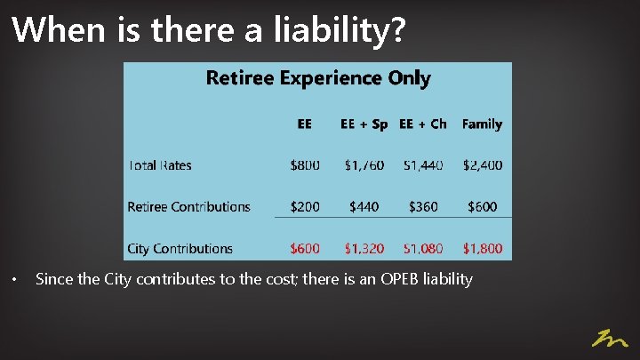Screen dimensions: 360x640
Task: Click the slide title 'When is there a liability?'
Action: tap(210, 30)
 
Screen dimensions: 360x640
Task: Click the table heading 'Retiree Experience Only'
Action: tap(318, 78)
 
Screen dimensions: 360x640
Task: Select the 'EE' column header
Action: tap(304, 124)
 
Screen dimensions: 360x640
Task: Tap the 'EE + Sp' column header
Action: tap(364, 124)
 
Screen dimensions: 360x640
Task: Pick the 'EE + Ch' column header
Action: tap(423, 124)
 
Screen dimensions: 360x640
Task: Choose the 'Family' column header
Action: tap(482, 124)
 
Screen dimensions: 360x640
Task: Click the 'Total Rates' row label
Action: tap(160, 165)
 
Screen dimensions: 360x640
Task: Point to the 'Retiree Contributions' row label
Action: tap(188, 207)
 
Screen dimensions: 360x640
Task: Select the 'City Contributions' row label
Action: tap(180, 249)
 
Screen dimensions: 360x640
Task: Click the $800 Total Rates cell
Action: tap(305, 165)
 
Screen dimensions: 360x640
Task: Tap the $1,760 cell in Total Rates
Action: tap(364, 165)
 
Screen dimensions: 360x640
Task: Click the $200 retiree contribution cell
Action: tap(305, 207)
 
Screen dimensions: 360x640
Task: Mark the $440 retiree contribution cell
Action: tap(364, 207)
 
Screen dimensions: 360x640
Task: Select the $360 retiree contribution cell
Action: tap(423, 207)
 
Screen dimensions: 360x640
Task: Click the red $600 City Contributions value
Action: tap(305, 249)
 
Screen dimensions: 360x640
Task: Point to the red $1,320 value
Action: tap(364, 249)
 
